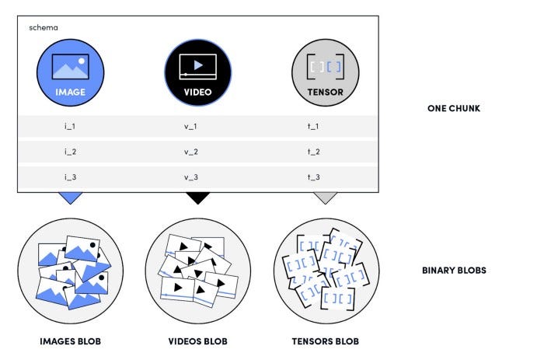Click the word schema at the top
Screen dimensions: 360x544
point(43,28)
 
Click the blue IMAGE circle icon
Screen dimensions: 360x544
point(70,72)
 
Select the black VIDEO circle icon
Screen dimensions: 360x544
point(197,72)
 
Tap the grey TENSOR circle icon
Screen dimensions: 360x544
point(325,72)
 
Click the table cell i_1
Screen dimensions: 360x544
point(70,126)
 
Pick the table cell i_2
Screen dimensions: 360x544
point(70,152)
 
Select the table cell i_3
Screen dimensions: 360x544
point(70,177)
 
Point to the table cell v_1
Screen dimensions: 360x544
point(191,126)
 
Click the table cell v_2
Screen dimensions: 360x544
point(191,152)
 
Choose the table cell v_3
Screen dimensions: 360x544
point(191,177)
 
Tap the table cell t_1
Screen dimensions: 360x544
point(314,126)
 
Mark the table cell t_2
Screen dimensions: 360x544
point(314,152)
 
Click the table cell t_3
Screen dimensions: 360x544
point(314,177)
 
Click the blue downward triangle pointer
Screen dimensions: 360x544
point(70,197)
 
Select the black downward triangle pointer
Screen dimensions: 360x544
point(197,197)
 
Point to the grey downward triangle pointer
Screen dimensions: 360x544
point(325,197)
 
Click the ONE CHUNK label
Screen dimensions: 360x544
point(453,108)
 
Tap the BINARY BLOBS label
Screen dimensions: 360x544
point(454,271)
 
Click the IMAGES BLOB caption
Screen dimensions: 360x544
point(70,341)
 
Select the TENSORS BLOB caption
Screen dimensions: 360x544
point(325,341)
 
